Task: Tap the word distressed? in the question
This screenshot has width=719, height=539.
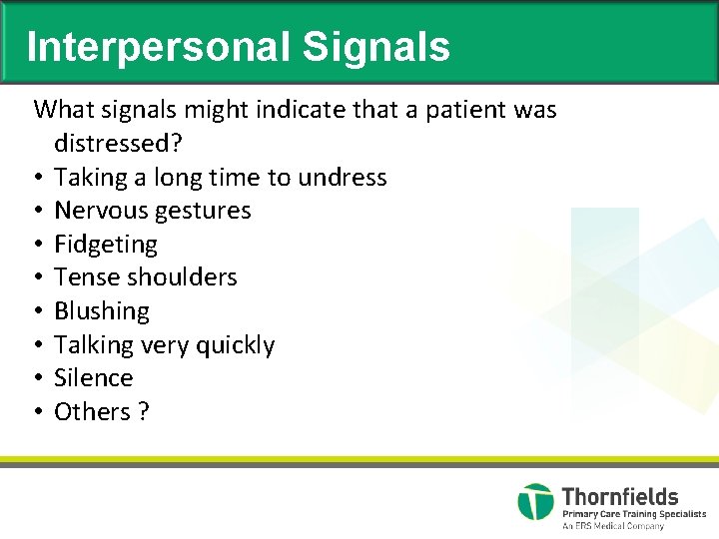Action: pyautogui.click(x=118, y=143)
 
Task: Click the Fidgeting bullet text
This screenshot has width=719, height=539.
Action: pyautogui.click(x=106, y=245)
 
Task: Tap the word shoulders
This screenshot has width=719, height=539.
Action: pyautogui.click(x=185, y=277)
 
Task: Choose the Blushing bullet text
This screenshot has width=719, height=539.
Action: pyautogui.click(x=102, y=311)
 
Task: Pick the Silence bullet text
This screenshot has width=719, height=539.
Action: pyautogui.click(x=93, y=378)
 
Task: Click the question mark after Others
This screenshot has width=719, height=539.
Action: pyautogui.click(x=144, y=412)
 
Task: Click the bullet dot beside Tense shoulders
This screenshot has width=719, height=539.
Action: pyautogui.click(x=36, y=277)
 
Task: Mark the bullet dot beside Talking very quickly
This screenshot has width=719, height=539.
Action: pyautogui.click(x=36, y=345)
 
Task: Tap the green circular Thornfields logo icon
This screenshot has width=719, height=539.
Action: pyautogui.click(x=535, y=501)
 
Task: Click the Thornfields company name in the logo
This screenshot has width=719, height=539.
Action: pyautogui.click(x=619, y=496)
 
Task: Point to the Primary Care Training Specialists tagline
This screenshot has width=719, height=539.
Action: pyautogui.click(x=633, y=514)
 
